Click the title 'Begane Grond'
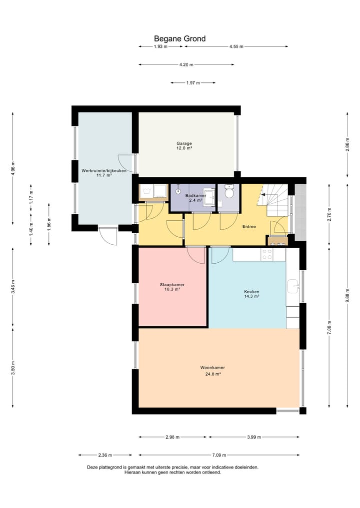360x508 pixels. (179, 38)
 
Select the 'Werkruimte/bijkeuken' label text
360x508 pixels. (104, 171)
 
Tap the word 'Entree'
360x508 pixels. (249, 226)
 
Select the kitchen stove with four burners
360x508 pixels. (267, 254)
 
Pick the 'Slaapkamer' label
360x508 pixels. (172, 285)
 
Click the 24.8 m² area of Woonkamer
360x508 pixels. (212, 374)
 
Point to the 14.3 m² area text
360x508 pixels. (251, 296)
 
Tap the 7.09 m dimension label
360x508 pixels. (219, 455)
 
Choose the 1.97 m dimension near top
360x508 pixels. (193, 83)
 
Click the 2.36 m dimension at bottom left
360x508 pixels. (105, 455)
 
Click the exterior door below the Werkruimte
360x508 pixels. (107, 236)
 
